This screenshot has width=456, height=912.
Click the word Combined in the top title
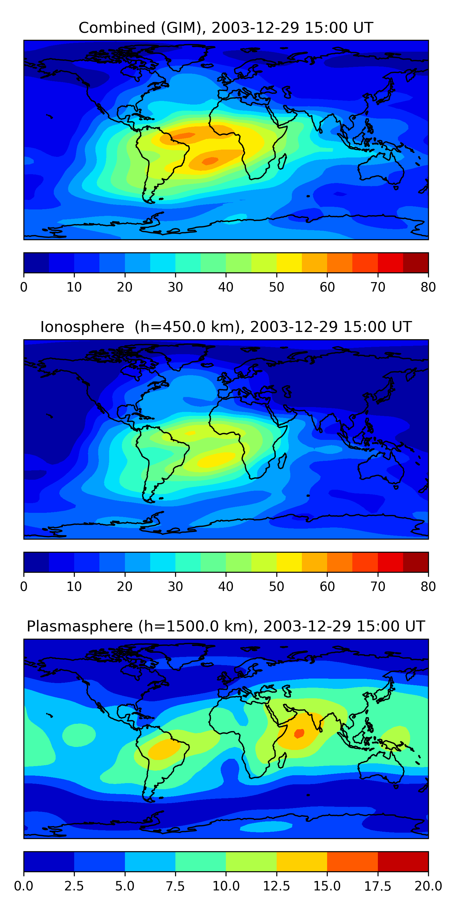coord(117,28)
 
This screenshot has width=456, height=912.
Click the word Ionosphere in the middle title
coord(82,327)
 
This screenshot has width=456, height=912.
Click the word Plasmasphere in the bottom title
coord(80,626)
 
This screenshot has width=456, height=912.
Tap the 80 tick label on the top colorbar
coord(428,287)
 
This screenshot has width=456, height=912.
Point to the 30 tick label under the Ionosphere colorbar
coord(175,587)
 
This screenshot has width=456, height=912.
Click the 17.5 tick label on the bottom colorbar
coord(378,886)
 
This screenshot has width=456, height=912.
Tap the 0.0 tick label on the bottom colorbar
coord(24,886)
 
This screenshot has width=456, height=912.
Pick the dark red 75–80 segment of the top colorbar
coord(416,263)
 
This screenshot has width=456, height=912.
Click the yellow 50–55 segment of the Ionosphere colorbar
coord(289,562)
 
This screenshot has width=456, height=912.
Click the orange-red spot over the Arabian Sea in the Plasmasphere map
coord(299,733)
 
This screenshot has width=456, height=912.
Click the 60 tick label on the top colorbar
coord(327,287)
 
